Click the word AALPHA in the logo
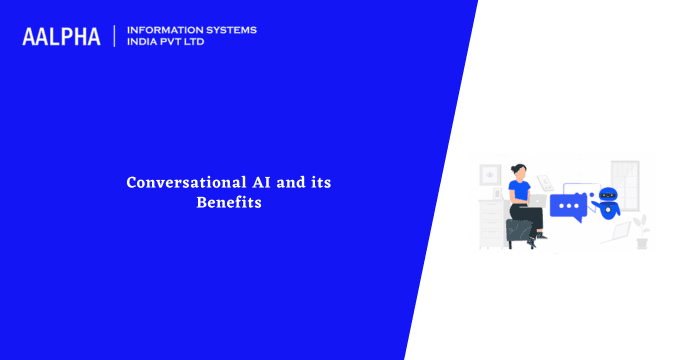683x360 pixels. tap(61, 36)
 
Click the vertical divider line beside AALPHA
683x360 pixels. tap(114, 36)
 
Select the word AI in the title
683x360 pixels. tap(248, 183)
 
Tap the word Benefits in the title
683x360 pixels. tap(229, 203)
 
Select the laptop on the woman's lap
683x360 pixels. tap(538, 200)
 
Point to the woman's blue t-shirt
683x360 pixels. tap(519, 190)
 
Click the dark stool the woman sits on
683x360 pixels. tap(519, 231)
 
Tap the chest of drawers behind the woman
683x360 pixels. tap(492, 218)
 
